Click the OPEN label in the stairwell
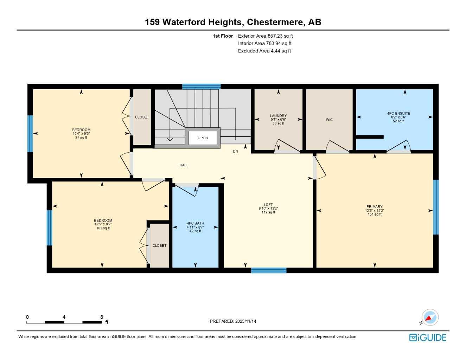tap(203, 138)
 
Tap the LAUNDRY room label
tap(278, 116)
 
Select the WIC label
tap(329, 120)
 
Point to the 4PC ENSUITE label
tap(398, 113)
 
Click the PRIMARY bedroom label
tap(375, 207)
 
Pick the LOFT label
tap(268, 205)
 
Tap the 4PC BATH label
tap(195, 223)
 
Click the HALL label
tap(184, 165)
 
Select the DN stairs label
tap(236, 151)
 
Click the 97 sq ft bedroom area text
tap(81, 137)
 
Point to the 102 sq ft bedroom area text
tap(103, 228)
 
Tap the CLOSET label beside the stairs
tap(142, 117)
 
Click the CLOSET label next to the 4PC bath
tap(159, 246)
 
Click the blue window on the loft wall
tap(269, 270)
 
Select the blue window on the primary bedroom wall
tap(436, 207)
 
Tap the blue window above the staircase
tap(202, 86)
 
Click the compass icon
tap(430, 317)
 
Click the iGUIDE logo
tap(428, 337)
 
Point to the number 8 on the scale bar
tap(101, 317)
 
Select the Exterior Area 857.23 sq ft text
tap(265, 36)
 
